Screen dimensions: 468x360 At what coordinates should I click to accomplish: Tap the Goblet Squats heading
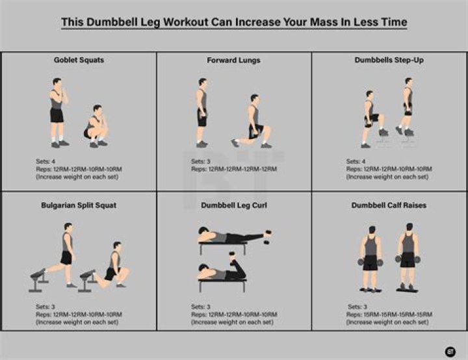pyautogui.click(x=79, y=60)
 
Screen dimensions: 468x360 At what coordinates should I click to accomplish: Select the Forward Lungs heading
pyautogui.click(x=234, y=60)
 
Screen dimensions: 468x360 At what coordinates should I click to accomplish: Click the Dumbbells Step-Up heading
pyautogui.click(x=389, y=60)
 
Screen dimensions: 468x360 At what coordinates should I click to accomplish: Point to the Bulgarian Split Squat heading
pyautogui.click(x=79, y=205)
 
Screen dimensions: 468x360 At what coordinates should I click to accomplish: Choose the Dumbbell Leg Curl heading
pyautogui.click(x=234, y=205)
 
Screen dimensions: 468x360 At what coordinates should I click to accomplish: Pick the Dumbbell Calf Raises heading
pyautogui.click(x=389, y=205)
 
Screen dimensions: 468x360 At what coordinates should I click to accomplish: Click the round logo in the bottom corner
pyautogui.click(x=450, y=352)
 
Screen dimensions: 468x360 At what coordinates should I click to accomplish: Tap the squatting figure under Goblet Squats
pyautogui.click(x=96, y=126)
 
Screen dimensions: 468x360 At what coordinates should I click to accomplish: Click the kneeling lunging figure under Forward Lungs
pyautogui.click(x=252, y=122)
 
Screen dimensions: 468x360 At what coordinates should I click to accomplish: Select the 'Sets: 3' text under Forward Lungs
pyautogui.click(x=201, y=162)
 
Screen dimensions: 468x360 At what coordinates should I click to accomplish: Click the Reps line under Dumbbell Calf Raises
pyautogui.click(x=389, y=315)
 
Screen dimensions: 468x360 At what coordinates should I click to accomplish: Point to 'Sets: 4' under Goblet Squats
pyautogui.click(x=45, y=162)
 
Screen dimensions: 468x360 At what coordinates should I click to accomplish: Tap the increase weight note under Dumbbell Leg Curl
pyautogui.click(x=232, y=322)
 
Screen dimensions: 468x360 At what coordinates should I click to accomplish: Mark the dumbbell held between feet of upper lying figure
pyautogui.click(x=267, y=237)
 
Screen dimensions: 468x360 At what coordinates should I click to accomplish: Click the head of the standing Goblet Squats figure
pyautogui.click(x=57, y=82)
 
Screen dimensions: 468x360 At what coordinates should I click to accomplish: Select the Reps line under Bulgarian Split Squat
pyautogui.click(x=79, y=315)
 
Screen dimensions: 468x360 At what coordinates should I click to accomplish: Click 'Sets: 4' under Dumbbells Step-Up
pyautogui.click(x=356, y=162)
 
